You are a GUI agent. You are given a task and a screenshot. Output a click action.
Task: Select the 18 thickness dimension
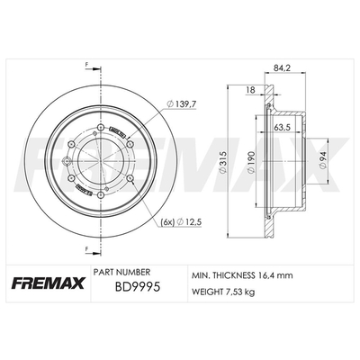[x=250, y=90]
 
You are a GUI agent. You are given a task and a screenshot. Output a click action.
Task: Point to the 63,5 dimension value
[x=283, y=127]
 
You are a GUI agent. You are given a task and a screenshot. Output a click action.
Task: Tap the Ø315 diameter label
[x=223, y=162]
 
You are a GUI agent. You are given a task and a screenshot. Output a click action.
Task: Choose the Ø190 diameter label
[x=251, y=162]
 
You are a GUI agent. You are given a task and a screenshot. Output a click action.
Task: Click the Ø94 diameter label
[x=323, y=162]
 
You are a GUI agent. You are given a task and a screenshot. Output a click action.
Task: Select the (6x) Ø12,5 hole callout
[x=181, y=222]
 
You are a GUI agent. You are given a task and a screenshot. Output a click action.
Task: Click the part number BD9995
[x=138, y=287]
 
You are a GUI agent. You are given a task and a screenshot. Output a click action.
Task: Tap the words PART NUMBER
[x=121, y=272]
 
